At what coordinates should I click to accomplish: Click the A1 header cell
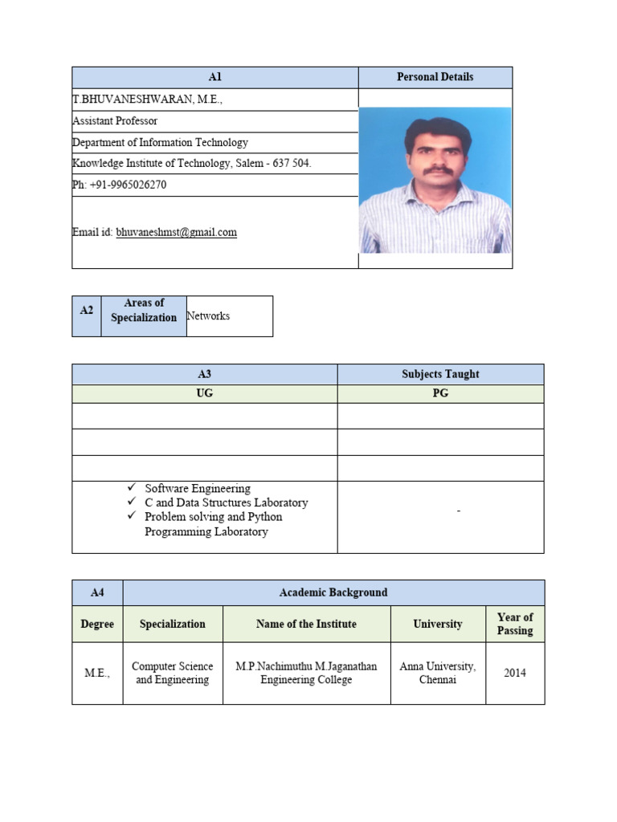[x=215, y=77]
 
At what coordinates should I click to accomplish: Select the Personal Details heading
[x=435, y=77]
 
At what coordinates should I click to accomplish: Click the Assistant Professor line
[x=115, y=121]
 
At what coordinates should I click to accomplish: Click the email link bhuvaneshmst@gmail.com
[x=176, y=233]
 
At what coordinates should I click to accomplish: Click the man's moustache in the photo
[x=437, y=170]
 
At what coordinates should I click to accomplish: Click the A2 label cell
[x=87, y=310]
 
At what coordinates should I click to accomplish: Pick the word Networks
[x=208, y=316]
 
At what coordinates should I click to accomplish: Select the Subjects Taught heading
[x=440, y=374]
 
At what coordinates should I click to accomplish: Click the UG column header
[x=205, y=394]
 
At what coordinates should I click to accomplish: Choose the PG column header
[x=440, y=394]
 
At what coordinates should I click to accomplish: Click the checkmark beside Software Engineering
[x=133, y=488]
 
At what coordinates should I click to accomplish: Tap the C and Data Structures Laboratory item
[x=226, y=503]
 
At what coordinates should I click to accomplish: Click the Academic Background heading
[x=333, y=592]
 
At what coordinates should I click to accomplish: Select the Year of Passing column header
[x=515, y=624]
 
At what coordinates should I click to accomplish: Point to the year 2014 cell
[x=515, y=673]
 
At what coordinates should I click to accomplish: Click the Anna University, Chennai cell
[x=437, y=673]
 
